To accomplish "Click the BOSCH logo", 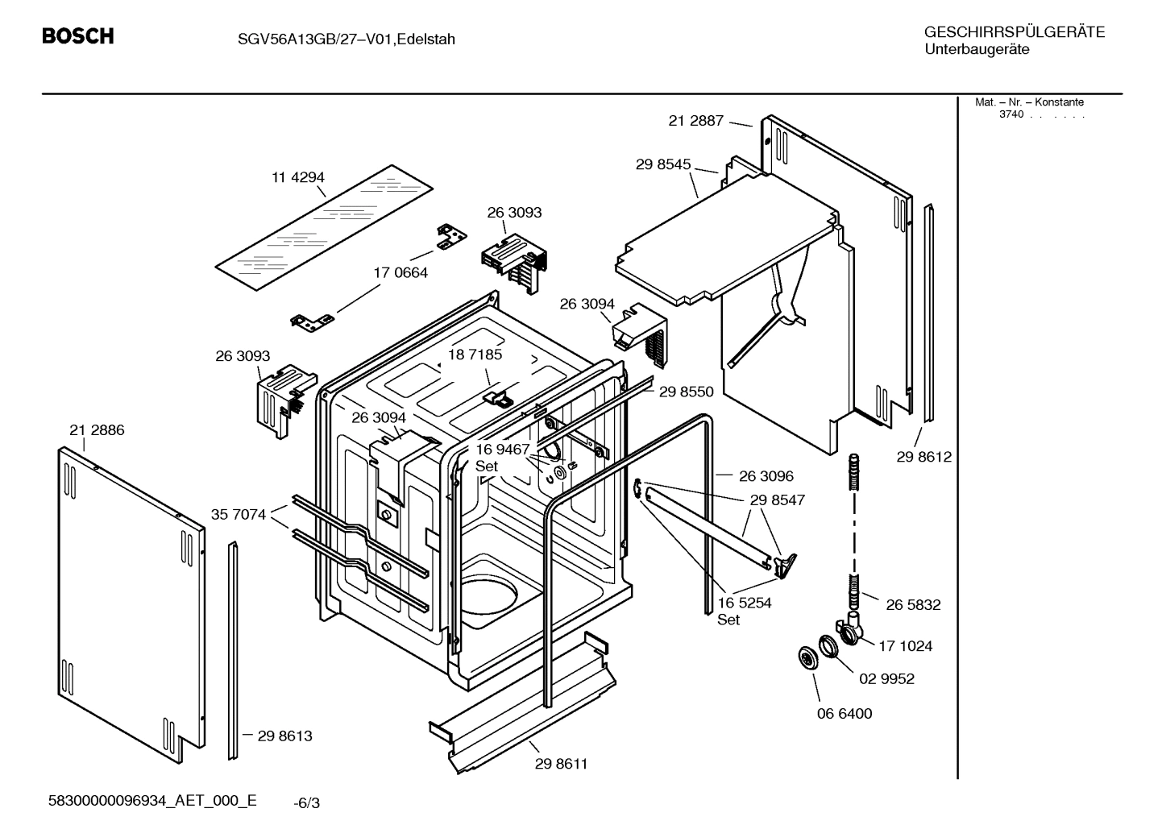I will (x=77, y=36).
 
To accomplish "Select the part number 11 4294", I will (x=297, y=177).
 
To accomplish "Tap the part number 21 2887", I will (x=696, y=121).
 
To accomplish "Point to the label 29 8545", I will (x=663, y=164).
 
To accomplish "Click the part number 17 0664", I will (x=400, y=272).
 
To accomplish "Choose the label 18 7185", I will (x=475, y=355).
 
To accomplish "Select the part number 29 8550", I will (x=686, y=392).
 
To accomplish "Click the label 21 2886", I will (x=97, y=430).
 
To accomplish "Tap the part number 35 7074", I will (x=239, y=514).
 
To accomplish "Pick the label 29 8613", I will (x=284, y=736).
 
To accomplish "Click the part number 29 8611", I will (x=561, y=764).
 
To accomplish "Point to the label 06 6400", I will (x=845, y=713).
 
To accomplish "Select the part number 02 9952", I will (x=886, y=678).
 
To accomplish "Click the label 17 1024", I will (x=905, y=645).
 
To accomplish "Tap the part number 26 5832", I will (x=913, y=604).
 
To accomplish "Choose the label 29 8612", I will (x=923, y=457).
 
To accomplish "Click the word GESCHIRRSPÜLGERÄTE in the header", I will (x=1014, y=32).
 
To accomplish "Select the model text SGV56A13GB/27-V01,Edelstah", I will (x=335, y=39).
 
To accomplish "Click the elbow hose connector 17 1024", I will (x=849, y=628).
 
